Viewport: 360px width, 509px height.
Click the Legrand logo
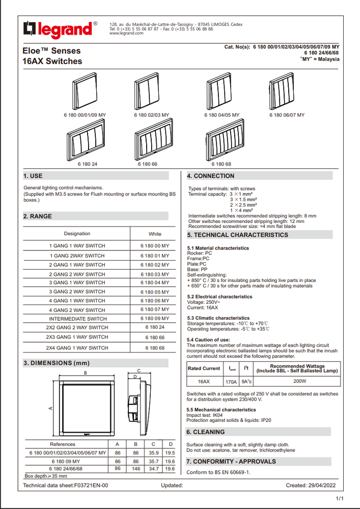click(60, 30)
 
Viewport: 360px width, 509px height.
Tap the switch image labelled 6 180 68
click(225, 140)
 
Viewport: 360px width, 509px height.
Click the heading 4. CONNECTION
click(210, 176)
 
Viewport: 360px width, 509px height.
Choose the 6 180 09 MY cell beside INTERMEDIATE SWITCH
click(155, 319)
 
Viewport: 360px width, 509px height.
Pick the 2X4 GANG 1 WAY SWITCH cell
click(77, 348)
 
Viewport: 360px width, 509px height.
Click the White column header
click(155, 234)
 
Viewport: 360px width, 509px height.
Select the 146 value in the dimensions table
click(135, 469)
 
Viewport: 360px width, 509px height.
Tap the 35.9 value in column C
click(153, 453)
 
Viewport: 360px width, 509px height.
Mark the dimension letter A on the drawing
click(50, 408)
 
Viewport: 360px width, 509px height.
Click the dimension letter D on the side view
click(135, 377)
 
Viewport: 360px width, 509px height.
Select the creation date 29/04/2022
click(321, 486)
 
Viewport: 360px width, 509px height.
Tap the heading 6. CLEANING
click(206, 432)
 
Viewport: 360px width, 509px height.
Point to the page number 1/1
click(339, 498)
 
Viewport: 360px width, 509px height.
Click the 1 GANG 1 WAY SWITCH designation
click(77, 246)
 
